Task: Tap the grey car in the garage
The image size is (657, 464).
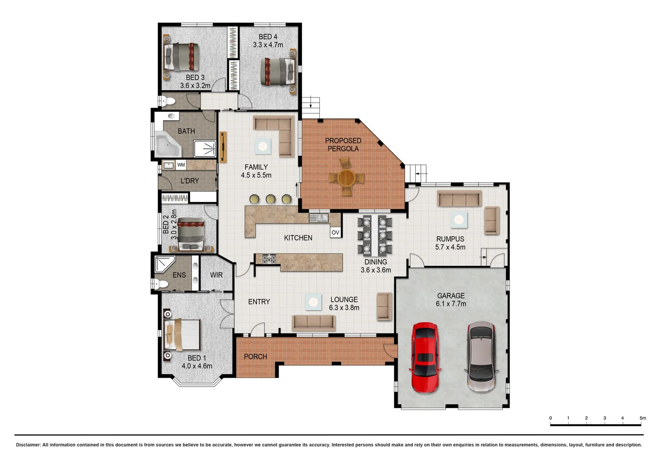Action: [481, 357]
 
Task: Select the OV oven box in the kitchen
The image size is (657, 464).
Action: [335, 232]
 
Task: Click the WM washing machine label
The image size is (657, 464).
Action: [181, 165]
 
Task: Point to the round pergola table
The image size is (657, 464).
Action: [347, 177]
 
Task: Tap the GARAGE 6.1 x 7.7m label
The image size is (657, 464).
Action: [451, 299]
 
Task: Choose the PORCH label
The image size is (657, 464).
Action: [255, 357]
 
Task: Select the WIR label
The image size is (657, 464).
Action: [216, 275]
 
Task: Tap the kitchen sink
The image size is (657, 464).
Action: [319, 218]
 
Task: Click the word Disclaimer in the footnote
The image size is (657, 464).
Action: [28, 445]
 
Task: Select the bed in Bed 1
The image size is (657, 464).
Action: [182, 335]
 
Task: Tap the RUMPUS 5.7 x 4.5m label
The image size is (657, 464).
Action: [450, 243]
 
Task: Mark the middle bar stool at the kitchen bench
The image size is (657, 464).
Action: [270, 199]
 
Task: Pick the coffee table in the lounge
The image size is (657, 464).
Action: [313, 302]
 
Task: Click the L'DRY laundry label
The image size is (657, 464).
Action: [190, 181]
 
